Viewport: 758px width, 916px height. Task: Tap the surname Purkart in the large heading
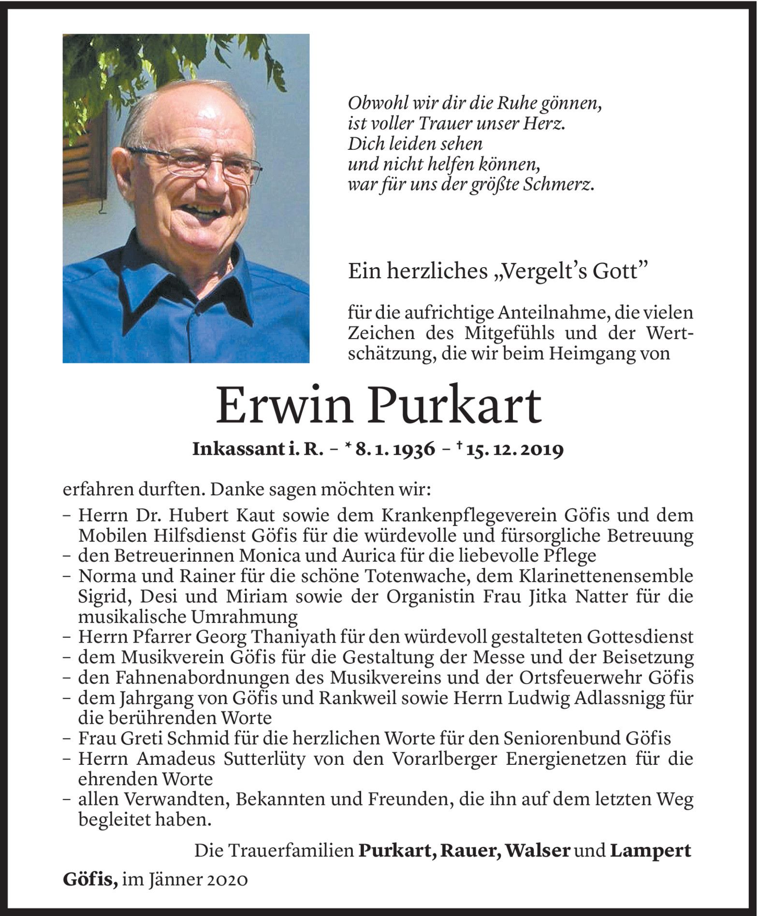coord(461,407)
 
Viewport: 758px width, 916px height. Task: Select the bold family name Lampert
coord(651,851)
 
